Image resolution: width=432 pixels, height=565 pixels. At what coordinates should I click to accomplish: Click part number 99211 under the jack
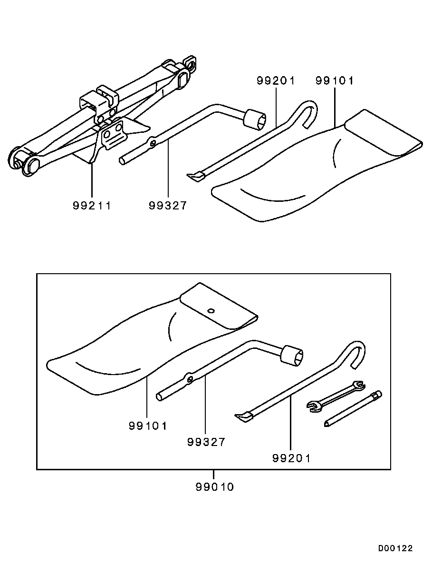(x=92, y=205)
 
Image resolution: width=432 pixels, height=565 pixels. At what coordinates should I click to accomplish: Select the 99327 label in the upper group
(x=168, y=205)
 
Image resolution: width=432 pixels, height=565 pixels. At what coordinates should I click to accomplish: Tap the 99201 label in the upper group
(x=276, y=81)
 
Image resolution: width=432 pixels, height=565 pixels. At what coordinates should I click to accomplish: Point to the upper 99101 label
(x=335, y=81)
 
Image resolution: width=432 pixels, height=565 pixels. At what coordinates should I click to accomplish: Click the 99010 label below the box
(x=215, y=487)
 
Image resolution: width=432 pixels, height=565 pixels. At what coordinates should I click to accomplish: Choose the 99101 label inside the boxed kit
(x=148, y=426)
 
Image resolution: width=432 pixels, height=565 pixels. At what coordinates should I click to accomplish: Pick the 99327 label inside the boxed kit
(x=206, y=442)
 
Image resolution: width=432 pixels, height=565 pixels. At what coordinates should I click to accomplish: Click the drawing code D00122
(x=395, y=548)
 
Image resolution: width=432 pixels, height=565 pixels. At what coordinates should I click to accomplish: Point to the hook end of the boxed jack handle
(x=356, y=353)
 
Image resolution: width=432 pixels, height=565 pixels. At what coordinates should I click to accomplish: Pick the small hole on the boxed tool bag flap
(x=211, y=311)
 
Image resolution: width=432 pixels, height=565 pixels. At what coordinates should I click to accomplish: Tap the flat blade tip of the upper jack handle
(x=195, y=176)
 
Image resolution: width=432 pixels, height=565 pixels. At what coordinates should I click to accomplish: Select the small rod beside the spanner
(x=353, y=409)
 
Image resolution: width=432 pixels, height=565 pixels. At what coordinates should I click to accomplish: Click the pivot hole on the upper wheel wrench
(x=153, y=144)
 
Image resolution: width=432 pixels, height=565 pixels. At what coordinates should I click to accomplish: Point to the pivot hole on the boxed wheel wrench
(x=190, y=378)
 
